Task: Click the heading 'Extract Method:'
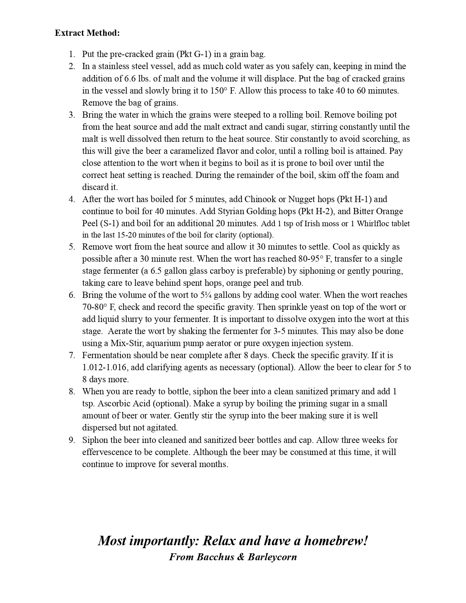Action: pyautogui.click(x=87, y=33)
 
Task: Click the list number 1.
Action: pyautogui.click(x=72, y=54)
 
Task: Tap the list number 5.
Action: pyautogui.click(x=72, y=247)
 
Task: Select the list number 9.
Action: pyautogui.click(x=72, y=440)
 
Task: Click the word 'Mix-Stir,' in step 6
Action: pyautogui.click(x=126, y=343)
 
